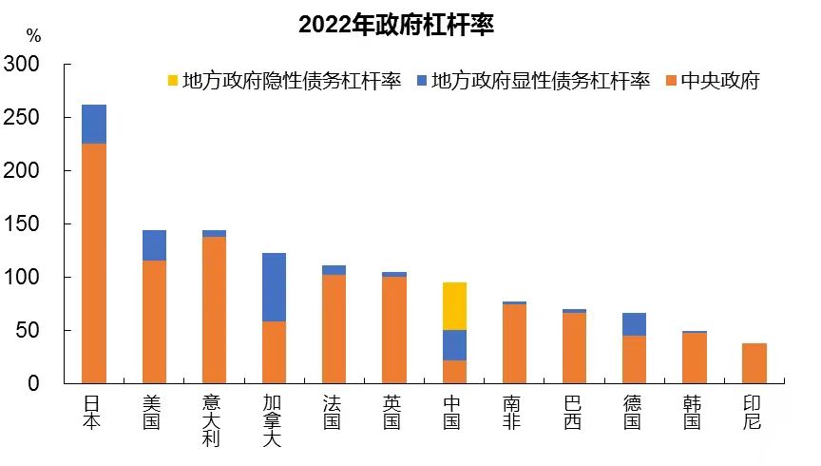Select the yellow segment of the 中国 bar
click(454, 305)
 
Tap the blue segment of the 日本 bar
click(94, 124)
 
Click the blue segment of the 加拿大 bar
click(274, 287)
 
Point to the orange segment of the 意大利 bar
click(214, 310)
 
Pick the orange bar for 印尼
click(754, 363)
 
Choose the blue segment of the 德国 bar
click(634, 324)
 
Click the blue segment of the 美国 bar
click(154, 245)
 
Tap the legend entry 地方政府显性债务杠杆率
click(531, 81)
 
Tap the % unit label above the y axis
click(34, 36)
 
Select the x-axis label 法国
click(334, 411)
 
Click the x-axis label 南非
click(514, 411)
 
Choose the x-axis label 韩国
click(694, 411)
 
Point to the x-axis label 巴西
click(573, 411)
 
